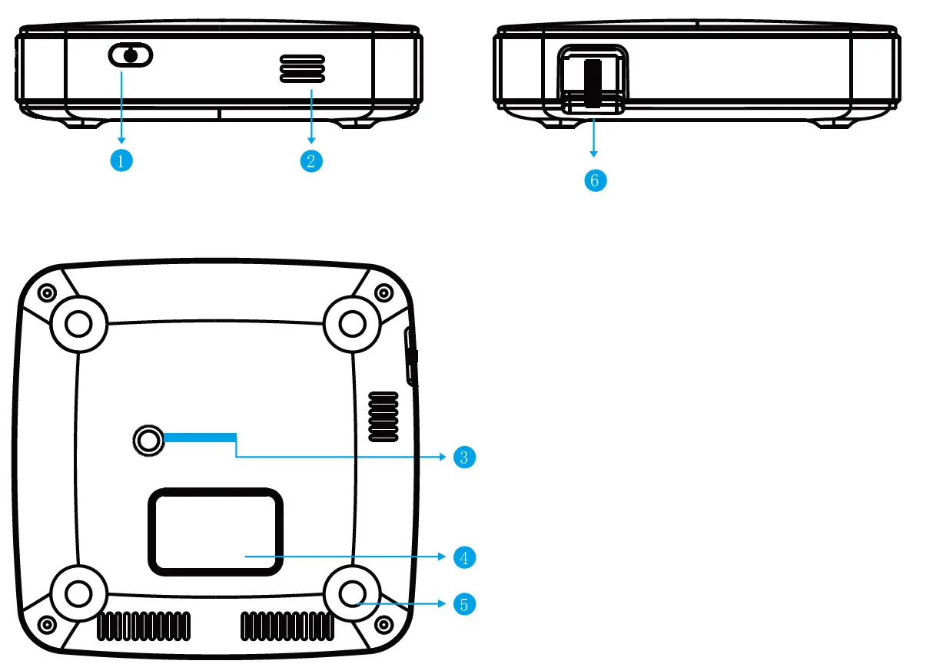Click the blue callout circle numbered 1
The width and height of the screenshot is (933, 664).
point(121,160)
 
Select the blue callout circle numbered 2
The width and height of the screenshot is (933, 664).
point(311,160)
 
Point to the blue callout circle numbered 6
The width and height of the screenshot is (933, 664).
point(595,180)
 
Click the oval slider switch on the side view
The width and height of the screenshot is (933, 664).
point(131,55)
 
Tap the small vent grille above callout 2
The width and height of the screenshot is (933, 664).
point(301,68)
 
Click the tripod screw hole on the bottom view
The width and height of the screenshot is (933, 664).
point(148,440)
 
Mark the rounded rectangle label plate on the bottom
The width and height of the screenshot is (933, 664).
point(216,531)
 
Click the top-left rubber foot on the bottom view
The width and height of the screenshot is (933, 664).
point(78,325)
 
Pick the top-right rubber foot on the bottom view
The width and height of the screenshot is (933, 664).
point(353,325)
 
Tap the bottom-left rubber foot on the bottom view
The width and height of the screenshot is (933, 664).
point(78,593)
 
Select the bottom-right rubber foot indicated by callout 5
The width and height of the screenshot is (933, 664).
point(353,593)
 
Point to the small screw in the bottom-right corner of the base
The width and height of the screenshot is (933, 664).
point(383,623)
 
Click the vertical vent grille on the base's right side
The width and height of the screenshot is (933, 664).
point(383,417)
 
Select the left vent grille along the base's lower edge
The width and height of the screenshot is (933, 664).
point(144,626)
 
